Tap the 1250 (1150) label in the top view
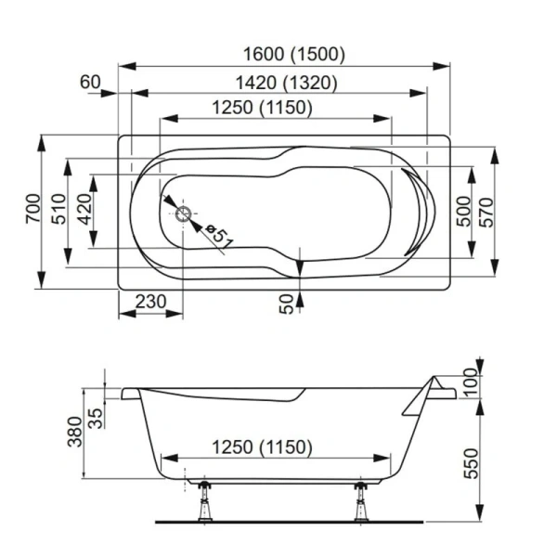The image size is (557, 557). click(x=263, y=108)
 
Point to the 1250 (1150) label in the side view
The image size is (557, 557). click(x=263, y=447)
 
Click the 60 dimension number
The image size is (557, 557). click(x=90, y=82)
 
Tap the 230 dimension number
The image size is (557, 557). click(x=150, y=302)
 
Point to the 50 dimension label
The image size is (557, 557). click(x=287, y=303)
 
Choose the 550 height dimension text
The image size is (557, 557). click(x=472, y=461)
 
